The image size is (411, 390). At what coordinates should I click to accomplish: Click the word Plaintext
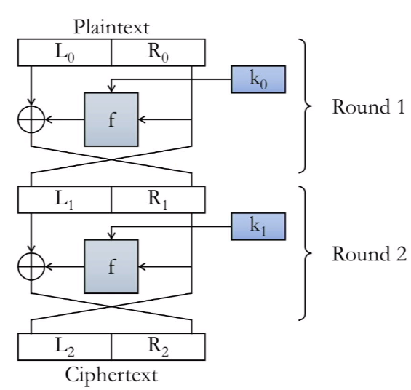[x=111, y=27]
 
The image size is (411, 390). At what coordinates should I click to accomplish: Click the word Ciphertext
[x=111, y=375]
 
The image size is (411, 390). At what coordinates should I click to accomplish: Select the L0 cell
[x=65, y=52]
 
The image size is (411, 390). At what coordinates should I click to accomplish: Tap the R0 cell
[x=159, y=52]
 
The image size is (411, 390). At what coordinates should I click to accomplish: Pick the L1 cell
[x=65, y=199]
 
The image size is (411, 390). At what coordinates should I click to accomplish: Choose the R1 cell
[x=159, y=199]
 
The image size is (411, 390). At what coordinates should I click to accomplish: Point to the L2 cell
[x=65, y=347]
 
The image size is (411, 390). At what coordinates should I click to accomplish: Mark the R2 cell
[x=159, y=347]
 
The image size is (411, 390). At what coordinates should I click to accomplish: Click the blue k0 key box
[x=258, y=79]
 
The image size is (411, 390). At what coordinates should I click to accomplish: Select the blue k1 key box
[x=258, y=226]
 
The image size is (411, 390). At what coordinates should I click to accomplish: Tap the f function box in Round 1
[x=111, y=119]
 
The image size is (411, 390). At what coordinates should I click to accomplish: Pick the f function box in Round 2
[x=111, y=266]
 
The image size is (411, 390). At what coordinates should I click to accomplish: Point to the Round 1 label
[x=369, y=107]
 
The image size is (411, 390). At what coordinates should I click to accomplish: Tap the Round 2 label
[x=369, y=254]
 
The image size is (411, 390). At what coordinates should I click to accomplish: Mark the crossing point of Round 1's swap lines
[x=111, y=159]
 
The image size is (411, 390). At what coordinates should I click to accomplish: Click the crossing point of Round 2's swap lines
[x=111, y=306]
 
